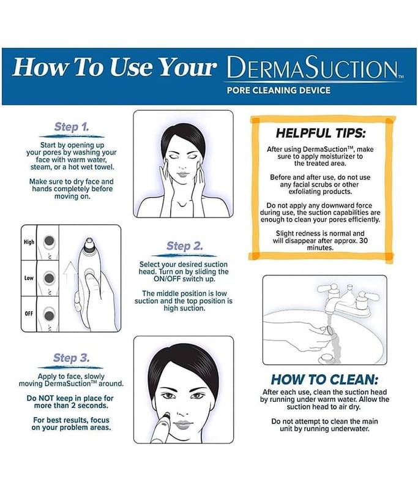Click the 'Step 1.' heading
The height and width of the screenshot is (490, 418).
point(72,127)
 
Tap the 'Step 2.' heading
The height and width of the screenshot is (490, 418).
point(184,246)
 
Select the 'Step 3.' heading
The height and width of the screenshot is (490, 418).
point(71,358)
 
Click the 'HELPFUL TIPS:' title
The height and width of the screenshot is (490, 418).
point(321,134)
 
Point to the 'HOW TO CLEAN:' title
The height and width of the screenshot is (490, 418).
point(324,380)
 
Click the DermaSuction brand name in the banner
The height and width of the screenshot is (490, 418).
point(312,67)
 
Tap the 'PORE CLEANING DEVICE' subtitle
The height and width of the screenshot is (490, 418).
point(278,90)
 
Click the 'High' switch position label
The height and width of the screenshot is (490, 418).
point(29,242)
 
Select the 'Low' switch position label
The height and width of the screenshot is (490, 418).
point(29,278)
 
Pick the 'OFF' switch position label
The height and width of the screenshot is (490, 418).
point(29,314)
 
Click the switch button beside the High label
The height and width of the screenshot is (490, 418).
point(49,241)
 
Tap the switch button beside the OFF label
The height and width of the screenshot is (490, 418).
point(49,315)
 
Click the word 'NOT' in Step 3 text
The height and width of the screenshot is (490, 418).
point(46,399)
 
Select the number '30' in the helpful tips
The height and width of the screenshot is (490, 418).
point(363,241)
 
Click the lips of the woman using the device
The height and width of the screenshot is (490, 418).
point(182,424)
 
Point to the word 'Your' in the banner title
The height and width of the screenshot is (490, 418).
point(187,67)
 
